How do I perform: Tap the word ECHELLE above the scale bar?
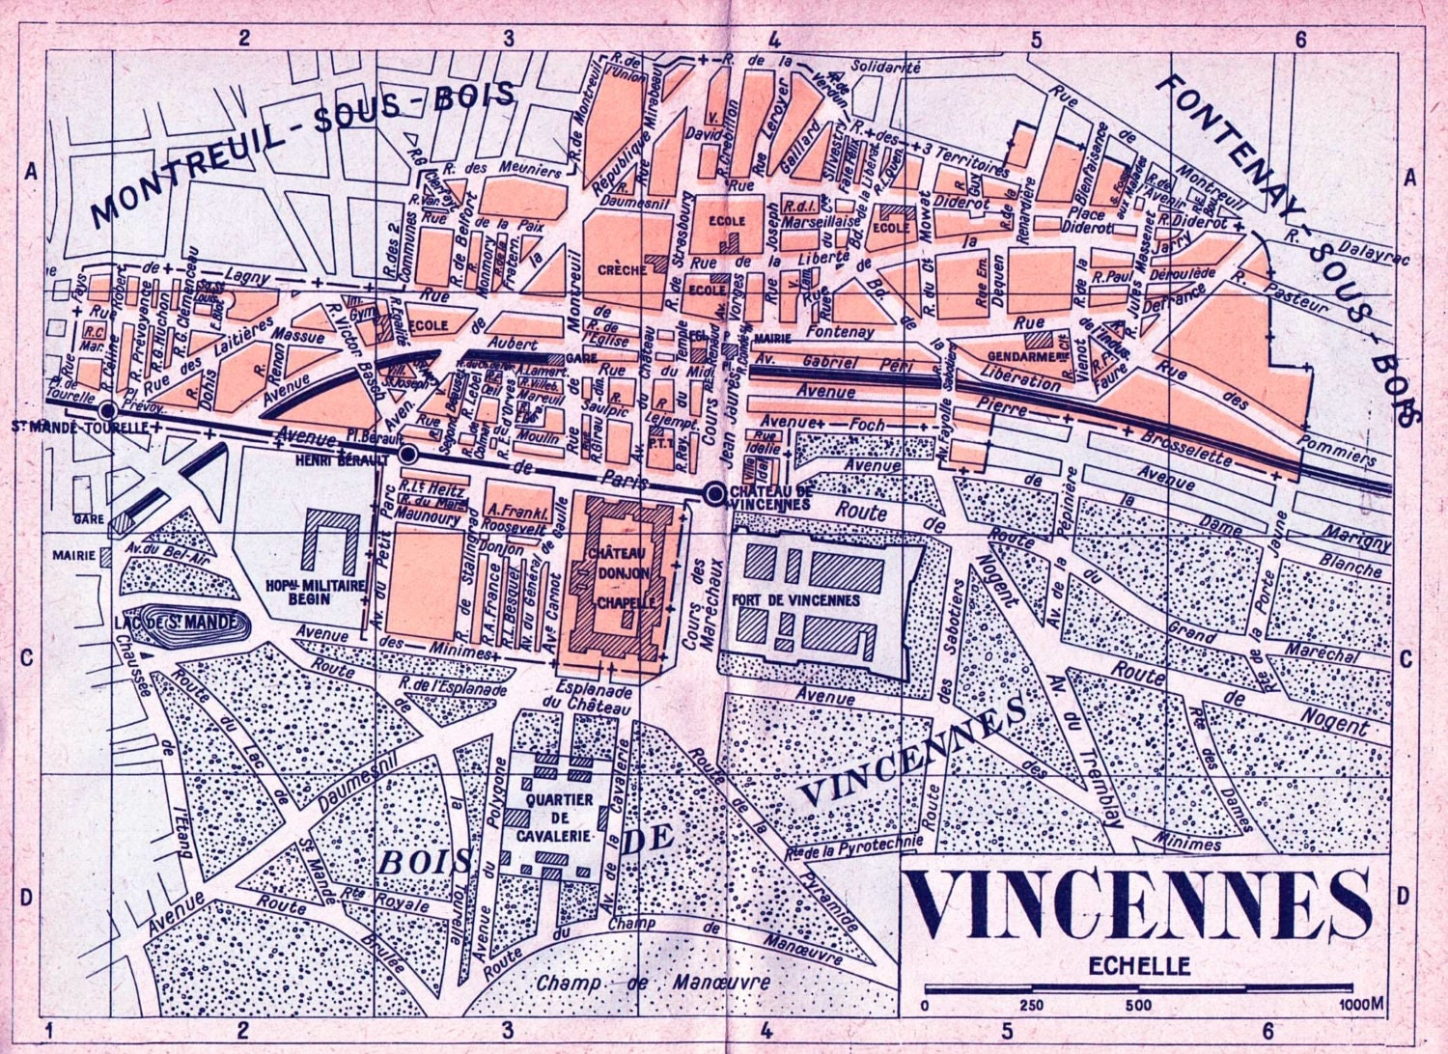1139,965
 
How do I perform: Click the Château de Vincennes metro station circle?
714,494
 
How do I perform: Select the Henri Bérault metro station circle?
408,454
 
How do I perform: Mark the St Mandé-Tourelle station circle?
108,411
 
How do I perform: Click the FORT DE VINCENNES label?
809,599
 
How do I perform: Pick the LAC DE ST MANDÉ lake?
190,624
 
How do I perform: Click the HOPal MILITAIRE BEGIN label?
316,592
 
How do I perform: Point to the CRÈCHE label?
622,270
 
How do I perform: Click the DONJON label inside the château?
622,572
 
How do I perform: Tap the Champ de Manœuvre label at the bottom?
654,983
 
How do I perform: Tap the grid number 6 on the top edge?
1300,39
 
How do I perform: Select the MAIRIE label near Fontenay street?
769,339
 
